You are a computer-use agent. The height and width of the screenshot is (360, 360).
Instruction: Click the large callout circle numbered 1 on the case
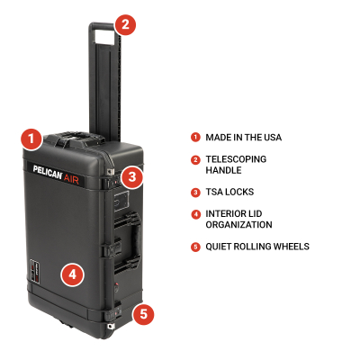coord(31,139)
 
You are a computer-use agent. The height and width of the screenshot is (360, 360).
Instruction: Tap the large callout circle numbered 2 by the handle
coord(125,24)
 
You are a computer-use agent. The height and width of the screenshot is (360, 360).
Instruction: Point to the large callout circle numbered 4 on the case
coord(73,273)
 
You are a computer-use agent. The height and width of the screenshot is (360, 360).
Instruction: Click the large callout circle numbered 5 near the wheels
coord(143,314)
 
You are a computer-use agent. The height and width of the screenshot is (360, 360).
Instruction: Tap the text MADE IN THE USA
coord(243,137)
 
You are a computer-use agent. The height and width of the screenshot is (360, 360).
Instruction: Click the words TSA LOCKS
coord(230,192)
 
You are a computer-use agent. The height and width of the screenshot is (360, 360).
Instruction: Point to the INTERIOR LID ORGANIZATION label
coord(238,219)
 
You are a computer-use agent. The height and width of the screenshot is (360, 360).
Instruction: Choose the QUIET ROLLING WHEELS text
coord(257,247)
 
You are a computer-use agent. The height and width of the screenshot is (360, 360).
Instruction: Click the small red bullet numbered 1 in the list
coord(194,137)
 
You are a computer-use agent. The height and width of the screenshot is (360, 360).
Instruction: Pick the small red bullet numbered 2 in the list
coord(194,158)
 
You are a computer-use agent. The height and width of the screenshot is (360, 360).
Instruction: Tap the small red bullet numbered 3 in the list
coord(194,192)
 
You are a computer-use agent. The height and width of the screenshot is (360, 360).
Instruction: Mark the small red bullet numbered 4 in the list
coord(194,213)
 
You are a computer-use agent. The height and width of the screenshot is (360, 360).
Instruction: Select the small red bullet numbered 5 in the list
coord(194,247)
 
